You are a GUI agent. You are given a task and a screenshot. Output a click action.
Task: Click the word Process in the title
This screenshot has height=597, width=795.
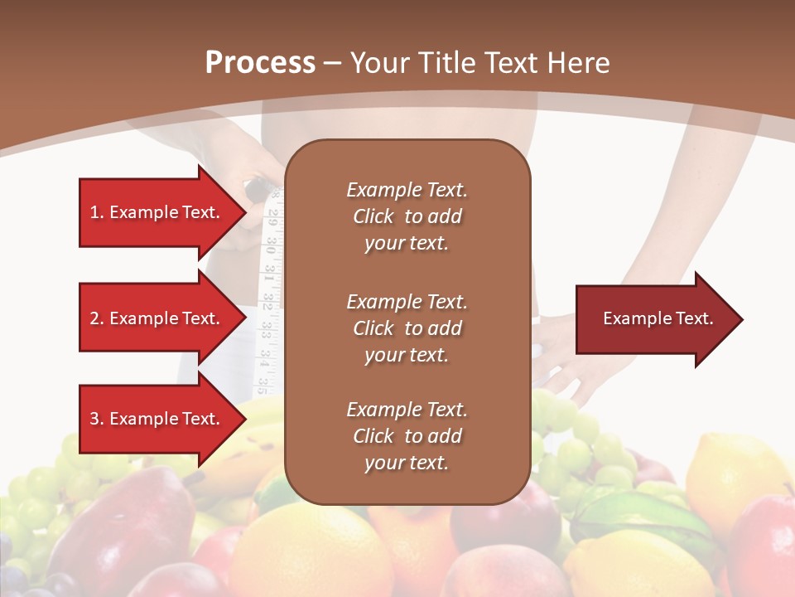pos(260,62)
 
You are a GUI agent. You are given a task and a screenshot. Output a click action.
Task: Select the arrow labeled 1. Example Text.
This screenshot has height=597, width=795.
pos(157,212)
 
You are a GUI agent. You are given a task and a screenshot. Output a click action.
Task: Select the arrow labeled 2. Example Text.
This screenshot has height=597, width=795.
pos(157,318)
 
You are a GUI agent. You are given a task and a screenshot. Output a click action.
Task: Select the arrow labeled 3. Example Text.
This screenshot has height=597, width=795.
pos(157,419)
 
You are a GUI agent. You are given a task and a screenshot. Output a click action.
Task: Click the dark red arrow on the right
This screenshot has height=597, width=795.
pos(654,318)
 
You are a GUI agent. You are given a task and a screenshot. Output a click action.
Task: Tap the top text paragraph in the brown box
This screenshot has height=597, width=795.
pos(407,216)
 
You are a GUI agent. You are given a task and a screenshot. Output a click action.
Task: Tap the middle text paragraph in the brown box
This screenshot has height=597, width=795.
pos(407,328)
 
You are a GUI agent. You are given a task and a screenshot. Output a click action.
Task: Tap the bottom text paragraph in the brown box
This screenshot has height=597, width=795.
pos(407,436)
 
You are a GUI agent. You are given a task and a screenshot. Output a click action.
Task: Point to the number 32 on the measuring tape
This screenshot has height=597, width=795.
pos(267,302)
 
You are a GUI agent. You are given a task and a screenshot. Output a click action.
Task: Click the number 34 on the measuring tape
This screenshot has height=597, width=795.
pos(263,357)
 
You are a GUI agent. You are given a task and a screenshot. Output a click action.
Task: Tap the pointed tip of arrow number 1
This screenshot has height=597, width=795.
pos(245,212)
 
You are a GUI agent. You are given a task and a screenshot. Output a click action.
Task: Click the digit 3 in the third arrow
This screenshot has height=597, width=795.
pos(94,420)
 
